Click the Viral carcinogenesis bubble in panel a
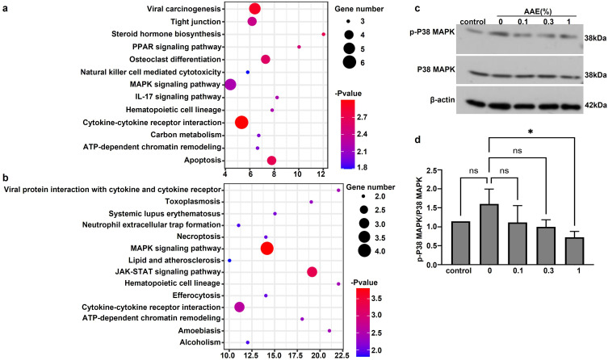pyautogui.click(x=254, y=9)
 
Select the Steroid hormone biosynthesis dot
pyautogui.click(x=324, y=35)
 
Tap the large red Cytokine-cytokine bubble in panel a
pyautogui.click(x=241, y=123)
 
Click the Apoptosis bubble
pyautogui.click(x=271, y=161)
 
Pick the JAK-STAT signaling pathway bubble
pyautogui.click(x=312, y=272)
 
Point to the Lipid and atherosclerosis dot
pyautogui.click(x=229, y=261)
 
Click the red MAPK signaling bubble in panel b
pyautogui.click(x=266, y=249)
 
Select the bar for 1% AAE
pyautogui.click(x=574, y=251)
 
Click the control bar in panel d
pyautogui.click(x=461, y=243)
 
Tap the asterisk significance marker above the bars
pyautogui.click(x=530, y=132)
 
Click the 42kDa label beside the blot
pyautogui.click(x=596, y=105)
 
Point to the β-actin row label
pyautogui.click(x=442, y=100)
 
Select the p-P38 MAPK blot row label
pyautogui.click(x=432, y=32)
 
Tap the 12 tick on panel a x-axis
pyautogui.click(x=322, y=174)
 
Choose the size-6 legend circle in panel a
pyautogui.click(x=349, y=62)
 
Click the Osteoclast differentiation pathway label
pyautogui.click(x=175, y=60)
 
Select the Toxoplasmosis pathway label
pyautogui.click(x=193, y=202)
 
